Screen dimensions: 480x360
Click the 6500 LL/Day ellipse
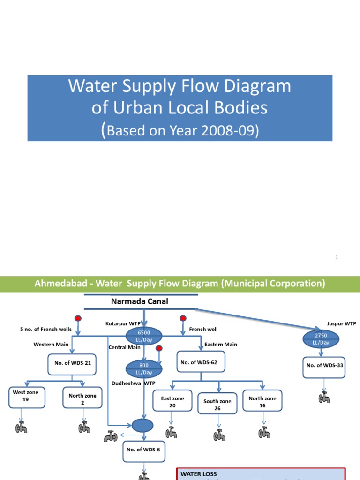(x=144, y=336)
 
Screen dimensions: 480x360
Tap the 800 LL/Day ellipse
(x=144, y=369)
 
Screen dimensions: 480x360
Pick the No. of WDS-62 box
(x=199, y=362)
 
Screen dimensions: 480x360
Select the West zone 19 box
(x=26, y=396)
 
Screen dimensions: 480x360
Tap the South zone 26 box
(x=217, y=405)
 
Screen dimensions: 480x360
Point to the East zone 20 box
(x=172, y=402)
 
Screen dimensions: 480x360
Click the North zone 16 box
(x=262, y=402)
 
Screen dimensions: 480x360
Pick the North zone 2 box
(x=82, y=399)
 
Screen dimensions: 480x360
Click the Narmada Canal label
(x=139, y=301)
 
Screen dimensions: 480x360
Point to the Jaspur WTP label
(x=342, y=323)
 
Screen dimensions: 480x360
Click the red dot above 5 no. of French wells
(x=78, y=319)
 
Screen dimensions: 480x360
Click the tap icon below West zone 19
(x=21, y=427)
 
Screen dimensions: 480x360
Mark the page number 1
(x=337, y=257)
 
